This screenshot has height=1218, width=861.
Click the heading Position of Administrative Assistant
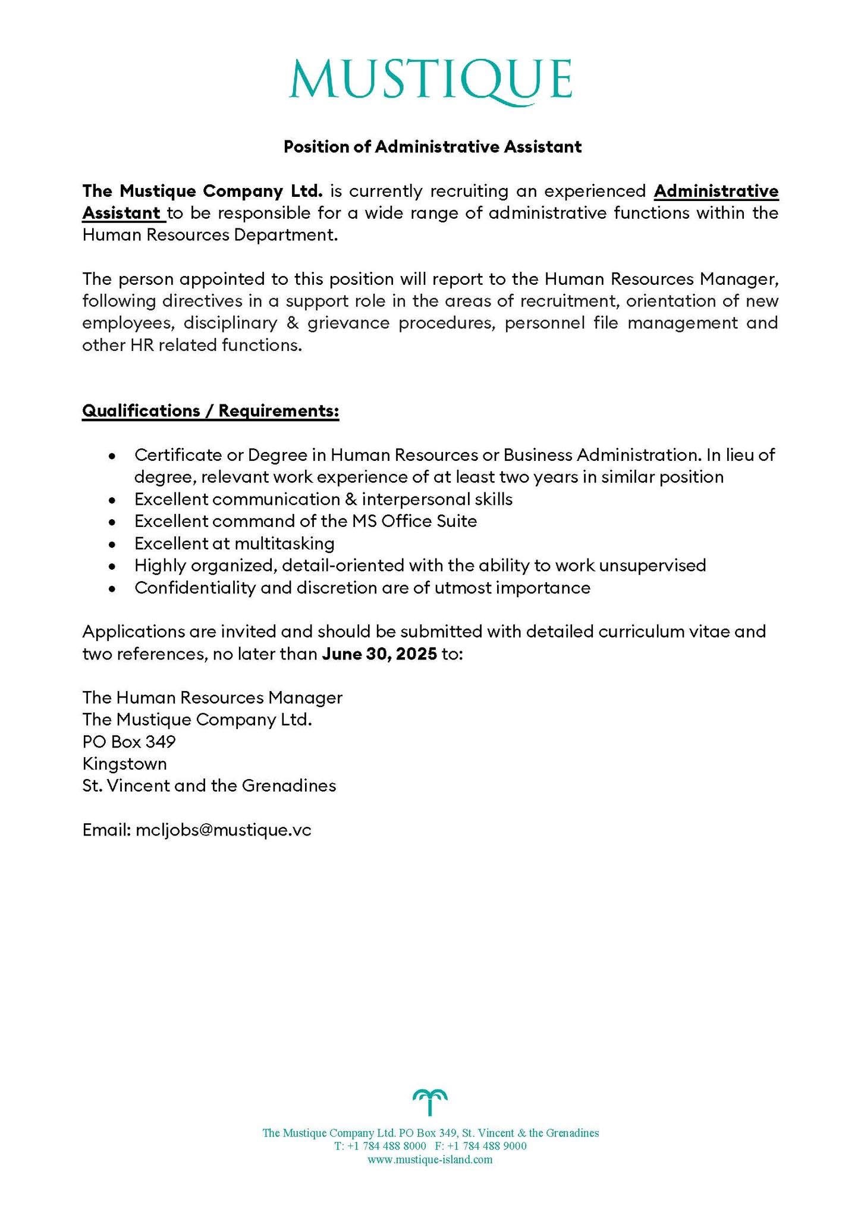pos(432,146)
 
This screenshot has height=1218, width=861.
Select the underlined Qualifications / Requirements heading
pos(210,411)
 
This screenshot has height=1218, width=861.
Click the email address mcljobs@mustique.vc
pos(223,830)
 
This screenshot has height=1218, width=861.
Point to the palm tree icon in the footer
pos(430,1102)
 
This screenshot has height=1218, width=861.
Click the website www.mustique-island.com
pos(430,1159)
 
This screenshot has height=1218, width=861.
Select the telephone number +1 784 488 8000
pos(386,1146)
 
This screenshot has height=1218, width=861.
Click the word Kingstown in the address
pos(125,764)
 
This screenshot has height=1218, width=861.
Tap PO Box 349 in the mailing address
pos(129,742)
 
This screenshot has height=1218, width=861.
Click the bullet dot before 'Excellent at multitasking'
pos(112,544)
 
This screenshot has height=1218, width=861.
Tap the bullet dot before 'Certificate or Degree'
pos(112,456)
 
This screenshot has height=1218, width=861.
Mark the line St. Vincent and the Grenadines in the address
pos(209,786)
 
